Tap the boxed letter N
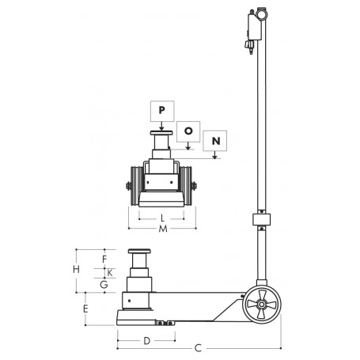tap(216, 142)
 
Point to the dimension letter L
tap(161, 218)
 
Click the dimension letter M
tap(161, 229)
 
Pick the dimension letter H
tap(77, 270)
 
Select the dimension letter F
tap(104, 258)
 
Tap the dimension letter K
tap(110, 271)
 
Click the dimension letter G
tap(104, 282)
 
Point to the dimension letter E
tap(85, 309)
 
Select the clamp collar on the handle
tap(260, 221)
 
